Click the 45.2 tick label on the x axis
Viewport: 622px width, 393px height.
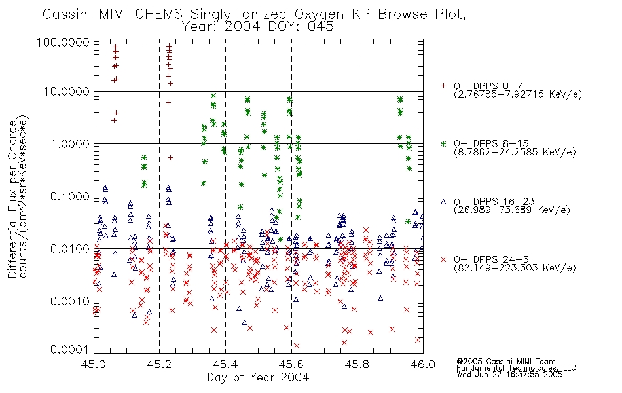160,364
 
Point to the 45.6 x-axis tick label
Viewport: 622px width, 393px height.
291,364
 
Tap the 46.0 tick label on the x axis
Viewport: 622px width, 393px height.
423,364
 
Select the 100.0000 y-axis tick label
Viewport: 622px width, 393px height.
64,42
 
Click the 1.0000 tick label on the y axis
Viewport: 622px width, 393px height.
70,143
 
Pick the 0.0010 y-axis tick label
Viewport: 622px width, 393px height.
70,301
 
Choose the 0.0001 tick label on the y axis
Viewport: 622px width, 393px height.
70,349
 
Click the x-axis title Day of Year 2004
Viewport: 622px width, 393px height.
258,377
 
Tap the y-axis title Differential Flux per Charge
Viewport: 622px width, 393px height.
12,199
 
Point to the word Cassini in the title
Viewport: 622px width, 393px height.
67,14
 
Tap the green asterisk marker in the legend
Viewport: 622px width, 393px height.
443,143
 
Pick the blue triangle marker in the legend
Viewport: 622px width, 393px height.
443,202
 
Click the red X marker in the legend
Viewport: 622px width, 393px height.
443,259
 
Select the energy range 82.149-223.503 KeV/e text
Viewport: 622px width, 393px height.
515,268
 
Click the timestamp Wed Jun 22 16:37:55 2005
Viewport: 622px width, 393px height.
510,375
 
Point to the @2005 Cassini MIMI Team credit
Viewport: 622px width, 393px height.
506,362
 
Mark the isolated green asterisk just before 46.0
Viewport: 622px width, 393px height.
408,221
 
